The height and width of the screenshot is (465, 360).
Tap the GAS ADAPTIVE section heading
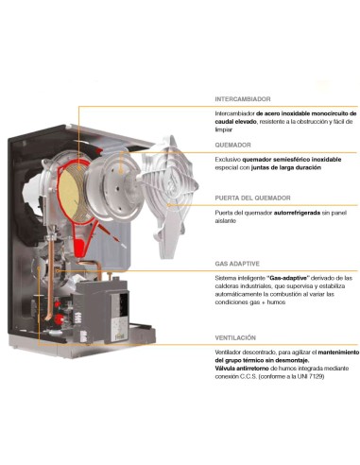point(238,264)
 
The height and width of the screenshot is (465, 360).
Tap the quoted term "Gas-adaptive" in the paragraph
point(290,278)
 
